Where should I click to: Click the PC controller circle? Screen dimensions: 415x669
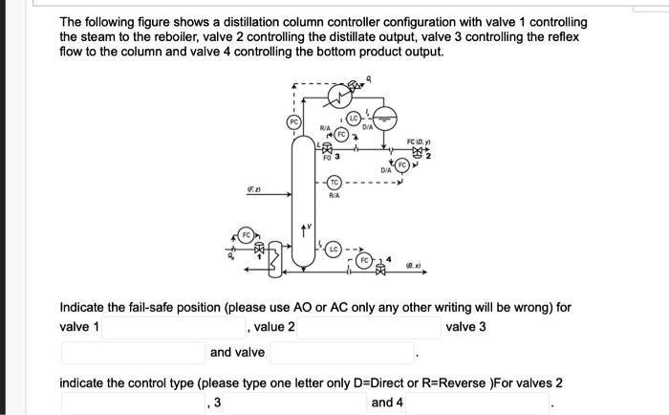293,122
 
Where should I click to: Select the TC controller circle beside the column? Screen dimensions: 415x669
334,182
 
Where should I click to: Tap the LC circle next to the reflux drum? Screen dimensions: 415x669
352,118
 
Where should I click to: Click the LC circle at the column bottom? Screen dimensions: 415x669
334,249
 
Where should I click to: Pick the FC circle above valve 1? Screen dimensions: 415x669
246,233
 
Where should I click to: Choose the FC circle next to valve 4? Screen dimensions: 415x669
363,259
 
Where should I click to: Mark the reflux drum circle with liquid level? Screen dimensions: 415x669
386,120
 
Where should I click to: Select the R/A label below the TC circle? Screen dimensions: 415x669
334,195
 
